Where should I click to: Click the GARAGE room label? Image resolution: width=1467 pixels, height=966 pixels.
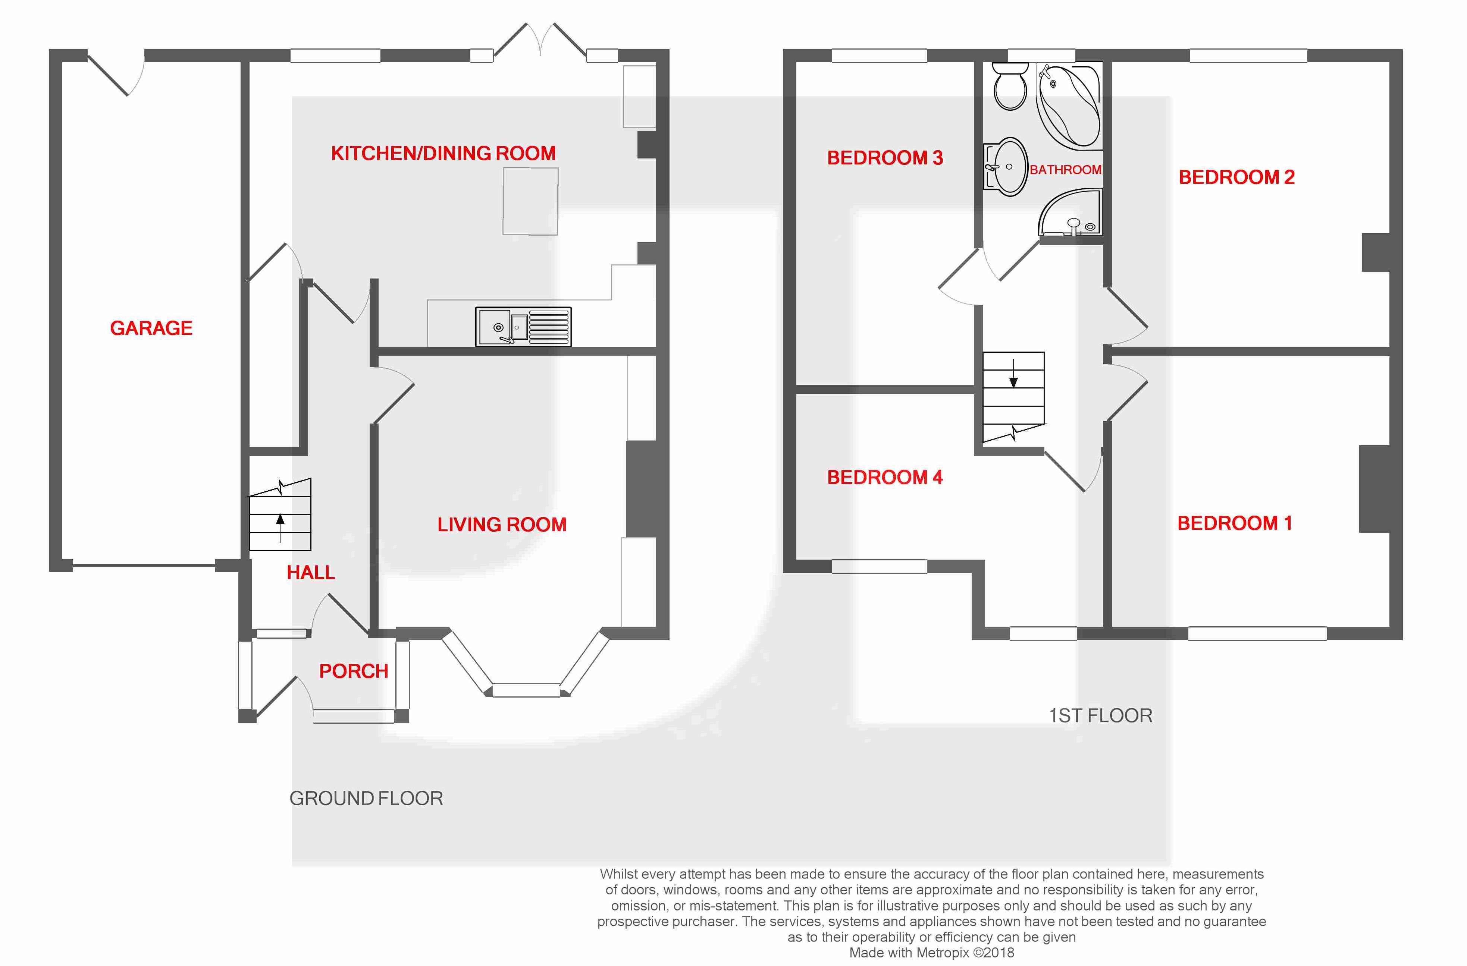point(151,328)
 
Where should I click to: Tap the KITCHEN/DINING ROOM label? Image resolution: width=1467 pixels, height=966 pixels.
point(443,153)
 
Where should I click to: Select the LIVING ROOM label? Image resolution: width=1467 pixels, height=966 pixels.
point(502,524)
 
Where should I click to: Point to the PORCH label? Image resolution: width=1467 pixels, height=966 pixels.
point(353,671)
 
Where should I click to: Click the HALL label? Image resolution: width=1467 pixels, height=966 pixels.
point(311,572)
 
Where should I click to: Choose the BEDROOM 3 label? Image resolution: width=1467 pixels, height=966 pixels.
point(884,158)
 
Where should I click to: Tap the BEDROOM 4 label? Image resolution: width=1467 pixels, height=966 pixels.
point(884,477)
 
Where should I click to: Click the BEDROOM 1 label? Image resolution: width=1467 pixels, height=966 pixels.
point(1234,523)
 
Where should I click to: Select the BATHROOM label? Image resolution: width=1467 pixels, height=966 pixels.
point(1065,169)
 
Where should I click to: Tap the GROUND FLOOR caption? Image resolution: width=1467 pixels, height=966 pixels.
point(366,799)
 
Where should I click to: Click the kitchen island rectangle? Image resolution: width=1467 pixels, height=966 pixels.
point(530,201)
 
